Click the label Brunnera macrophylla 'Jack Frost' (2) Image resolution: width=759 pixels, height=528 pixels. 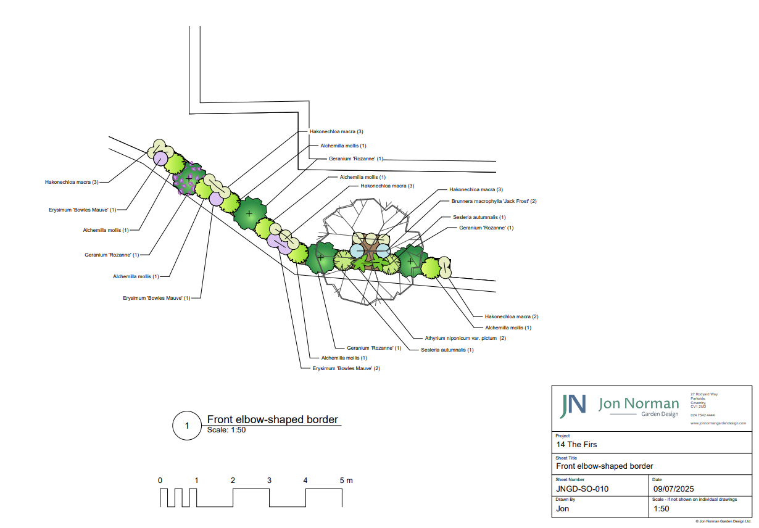click(x=494, y=201)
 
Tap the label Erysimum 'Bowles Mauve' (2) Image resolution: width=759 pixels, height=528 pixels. click(x=342, y=368)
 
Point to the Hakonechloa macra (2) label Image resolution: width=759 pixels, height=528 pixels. click(x=512, y=316)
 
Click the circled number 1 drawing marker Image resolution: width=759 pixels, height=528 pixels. click(x=186, y=426)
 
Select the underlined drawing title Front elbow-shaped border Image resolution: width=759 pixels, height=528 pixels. click(x=273, y=419)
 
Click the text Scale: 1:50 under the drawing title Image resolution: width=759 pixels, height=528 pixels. click(x=226, y=430)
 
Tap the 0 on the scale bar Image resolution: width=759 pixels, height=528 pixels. click(x=160, y=481)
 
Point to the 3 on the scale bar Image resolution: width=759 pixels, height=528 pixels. click(x=269, y=481)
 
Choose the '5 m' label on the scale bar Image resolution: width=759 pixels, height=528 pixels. click(x=346, y=481)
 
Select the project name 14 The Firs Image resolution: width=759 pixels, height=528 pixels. click(x=576, y=444)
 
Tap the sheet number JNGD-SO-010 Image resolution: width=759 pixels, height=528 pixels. click(x=582, y=489)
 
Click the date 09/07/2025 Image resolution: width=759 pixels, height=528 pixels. click(x=673, y=489)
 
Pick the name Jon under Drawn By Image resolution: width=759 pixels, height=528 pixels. click(x=563, y=509)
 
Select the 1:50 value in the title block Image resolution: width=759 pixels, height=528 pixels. click(x=661, y=509)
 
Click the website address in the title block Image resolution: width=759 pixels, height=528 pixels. click(x=718, y=423)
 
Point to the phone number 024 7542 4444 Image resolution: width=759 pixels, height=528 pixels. click(x=703, y=415)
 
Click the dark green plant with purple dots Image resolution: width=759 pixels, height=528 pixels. click(x=189, y=178)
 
